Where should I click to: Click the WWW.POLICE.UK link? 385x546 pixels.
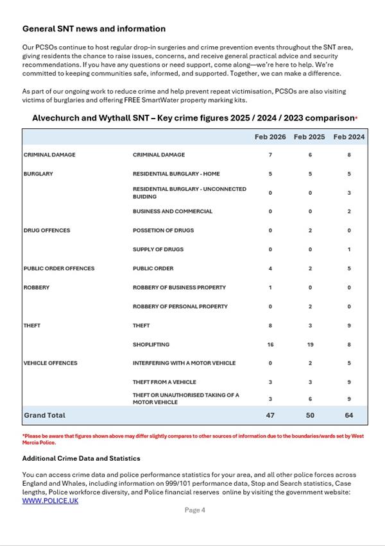[x=50, y=500]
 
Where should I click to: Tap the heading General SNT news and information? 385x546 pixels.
[x=94, y=29]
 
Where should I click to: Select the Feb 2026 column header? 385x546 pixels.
[x=270, y=137]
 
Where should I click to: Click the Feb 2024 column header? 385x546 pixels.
[x=349, y=137]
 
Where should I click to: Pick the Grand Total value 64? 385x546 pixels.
[x=349, y=415]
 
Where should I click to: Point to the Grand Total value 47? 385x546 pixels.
[x=270, y=415]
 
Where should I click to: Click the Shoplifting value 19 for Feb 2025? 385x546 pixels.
[x=310, y=344]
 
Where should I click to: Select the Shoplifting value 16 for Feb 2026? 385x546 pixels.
[x=270, y=344]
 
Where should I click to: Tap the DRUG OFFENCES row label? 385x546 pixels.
[x=47, y=230]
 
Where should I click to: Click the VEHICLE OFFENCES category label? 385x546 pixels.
[x=50, y=363]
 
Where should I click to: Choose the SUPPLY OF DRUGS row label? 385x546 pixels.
[x=158, y=249]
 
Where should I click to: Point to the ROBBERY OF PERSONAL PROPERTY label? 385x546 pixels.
[x=180, y=306]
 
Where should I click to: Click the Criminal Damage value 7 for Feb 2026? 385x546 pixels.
[x=270, y=154]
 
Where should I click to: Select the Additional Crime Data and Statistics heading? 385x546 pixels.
[x=81, y=459]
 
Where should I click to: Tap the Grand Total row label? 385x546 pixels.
[x=44, y=415]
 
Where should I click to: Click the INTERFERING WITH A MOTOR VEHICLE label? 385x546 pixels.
[x=184, y=363]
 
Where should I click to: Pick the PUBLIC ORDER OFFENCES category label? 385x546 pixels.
[x=58, y=269]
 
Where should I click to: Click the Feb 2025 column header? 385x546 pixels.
[x=309, y=137]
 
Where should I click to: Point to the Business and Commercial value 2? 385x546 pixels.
[x=349, y=211]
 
